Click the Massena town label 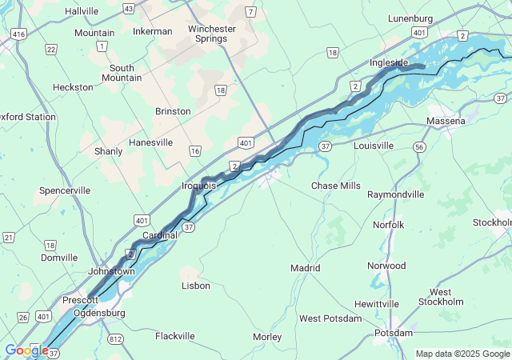click(446, 121)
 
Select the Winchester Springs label click(212, 34)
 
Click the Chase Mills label click(335, 186)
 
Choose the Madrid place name click(305, 268)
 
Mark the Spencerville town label click(65, 190)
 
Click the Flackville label click(174, 336)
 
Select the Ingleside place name click(390, 62)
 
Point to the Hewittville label click(377, 304)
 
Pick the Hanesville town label click(150, 142)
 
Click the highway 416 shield click(18, 34)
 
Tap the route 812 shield click(117, 339)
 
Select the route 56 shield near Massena click(418, 147)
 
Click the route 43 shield click(128, 8)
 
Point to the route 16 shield click(194, 150)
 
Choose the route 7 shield click(251, 12)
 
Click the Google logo click(26, 350)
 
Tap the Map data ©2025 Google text click(462, 354)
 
